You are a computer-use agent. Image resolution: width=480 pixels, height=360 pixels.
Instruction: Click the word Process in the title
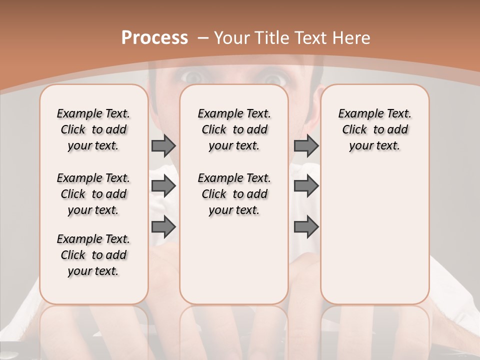tap(154, 38)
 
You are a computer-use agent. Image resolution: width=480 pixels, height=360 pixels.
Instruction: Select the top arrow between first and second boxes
tap(163, 145)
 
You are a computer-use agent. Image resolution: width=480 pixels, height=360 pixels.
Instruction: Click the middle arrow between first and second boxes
tap(163, 186)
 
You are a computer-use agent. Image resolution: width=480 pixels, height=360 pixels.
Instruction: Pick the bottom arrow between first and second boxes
tap(163, 227)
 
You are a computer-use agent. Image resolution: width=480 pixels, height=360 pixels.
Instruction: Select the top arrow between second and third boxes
tap(305, 145)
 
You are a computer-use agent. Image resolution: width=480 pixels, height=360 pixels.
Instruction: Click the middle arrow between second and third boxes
tap(305, 186)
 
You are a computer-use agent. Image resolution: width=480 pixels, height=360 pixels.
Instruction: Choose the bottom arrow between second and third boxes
tap(305, 227)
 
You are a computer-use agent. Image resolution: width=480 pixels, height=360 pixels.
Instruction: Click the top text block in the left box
tap(93, 129)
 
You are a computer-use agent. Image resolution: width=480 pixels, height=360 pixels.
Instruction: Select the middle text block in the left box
tap(93, 194)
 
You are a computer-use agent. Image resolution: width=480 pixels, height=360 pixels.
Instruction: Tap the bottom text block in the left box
tap(93, 255)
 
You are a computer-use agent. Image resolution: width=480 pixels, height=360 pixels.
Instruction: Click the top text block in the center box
tap(234, 129)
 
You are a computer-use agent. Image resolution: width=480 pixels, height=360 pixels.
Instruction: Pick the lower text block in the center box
tap(234, 194)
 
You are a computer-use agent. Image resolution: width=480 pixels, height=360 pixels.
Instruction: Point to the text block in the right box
tap(374, 129)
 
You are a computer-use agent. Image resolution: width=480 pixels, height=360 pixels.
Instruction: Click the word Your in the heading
tap(231, 38)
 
